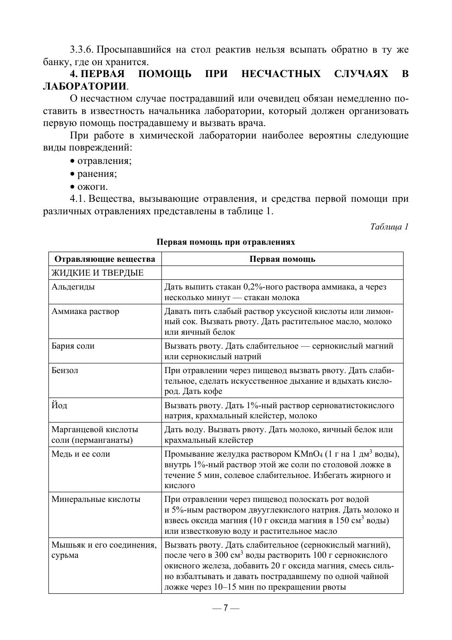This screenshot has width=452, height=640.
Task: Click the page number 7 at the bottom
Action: (x=226, y=608)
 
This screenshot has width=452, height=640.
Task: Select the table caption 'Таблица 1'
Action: (x=389, y=227)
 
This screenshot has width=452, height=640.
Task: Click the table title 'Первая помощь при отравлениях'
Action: (x=226, y=242)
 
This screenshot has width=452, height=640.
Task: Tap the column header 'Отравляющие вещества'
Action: (x=105, y=259)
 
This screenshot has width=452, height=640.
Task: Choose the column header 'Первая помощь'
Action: (x=282, y=259)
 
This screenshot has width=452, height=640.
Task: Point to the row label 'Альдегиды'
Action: (x=73, y=287)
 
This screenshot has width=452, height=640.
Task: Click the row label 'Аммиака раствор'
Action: (x=85, y=311)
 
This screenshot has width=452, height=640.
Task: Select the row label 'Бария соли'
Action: (x=73, y=346)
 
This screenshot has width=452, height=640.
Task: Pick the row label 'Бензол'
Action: (x=65, y=370)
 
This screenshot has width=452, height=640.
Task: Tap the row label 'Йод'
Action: (x=59, y=405)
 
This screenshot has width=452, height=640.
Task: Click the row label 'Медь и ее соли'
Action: (x=81, y=454)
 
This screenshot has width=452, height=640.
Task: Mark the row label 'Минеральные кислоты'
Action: (x=96, y=499)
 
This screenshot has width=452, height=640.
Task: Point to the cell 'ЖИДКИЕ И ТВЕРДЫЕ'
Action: (x=97, y=273)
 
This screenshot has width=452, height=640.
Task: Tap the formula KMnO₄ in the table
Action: (x=308, y=454)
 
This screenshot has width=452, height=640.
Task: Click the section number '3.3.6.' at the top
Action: (x=82, y=49)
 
